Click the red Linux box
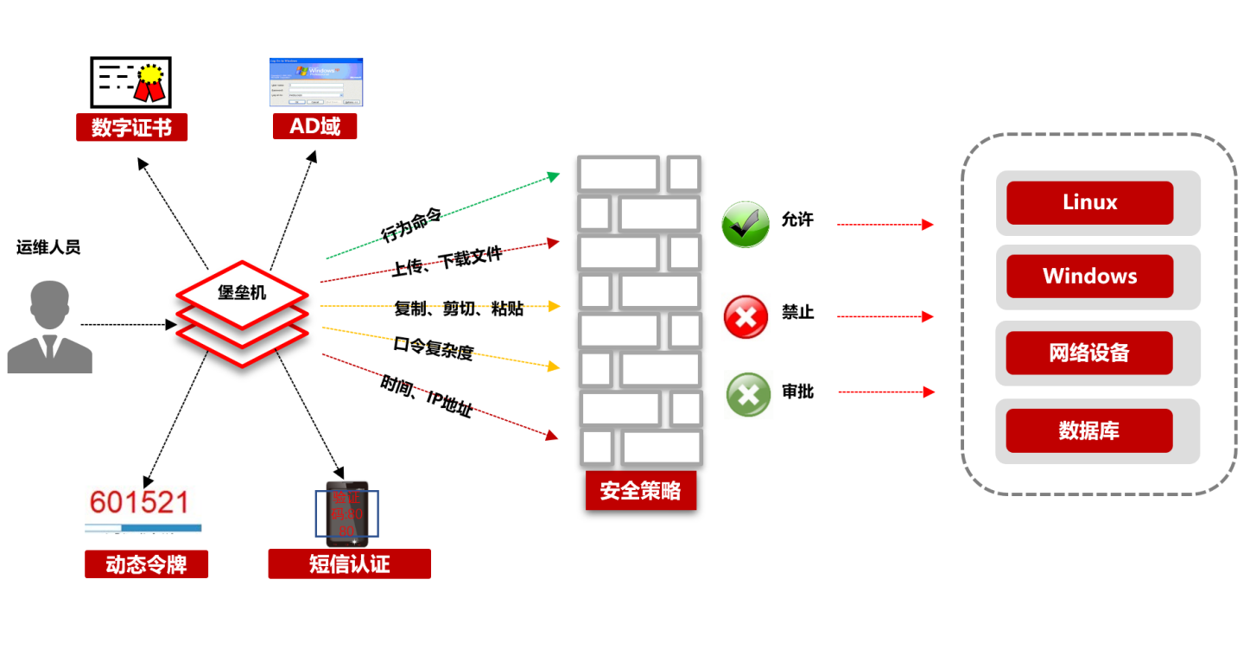tap(1089, 203)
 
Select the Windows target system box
tap(1089, 277)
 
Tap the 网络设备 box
tap(1089, 353)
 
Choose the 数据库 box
tap(1089, 430)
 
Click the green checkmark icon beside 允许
tap(745, 225)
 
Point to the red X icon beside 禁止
tap(746, 316)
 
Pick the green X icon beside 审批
tap(748, 395)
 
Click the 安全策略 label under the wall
tap(640, 491)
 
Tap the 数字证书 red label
tap(131, 128)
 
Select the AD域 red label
tap(314, 126)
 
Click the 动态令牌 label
tap(146, 564)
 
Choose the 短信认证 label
tap(349, 564)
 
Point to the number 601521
tap(139, 502)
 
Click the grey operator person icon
tap(49, 327)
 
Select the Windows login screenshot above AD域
tap(316, 82)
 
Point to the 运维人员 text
tap(48, 248)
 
